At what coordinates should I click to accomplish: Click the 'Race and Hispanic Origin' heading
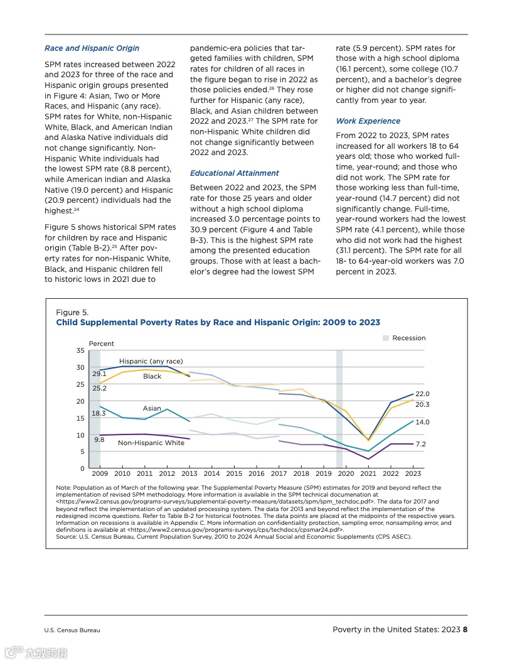[x=92, y=48]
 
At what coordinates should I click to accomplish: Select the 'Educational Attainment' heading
[x=234, y=173]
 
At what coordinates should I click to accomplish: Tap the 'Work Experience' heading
[x=368, y=121]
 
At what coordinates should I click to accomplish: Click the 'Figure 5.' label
[x=72, y=313]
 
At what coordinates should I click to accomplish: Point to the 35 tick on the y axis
[x=80, y=350]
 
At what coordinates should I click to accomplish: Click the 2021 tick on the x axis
[x=368, y=473]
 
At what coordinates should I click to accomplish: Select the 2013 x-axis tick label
[x=189, y=473]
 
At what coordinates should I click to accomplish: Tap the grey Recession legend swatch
[x=386, y=338]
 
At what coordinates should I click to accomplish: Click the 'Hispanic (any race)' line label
[x=151, y=362]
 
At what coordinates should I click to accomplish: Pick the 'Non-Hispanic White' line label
[x=151, y=443]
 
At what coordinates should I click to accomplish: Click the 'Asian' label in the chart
[x=152, y=409]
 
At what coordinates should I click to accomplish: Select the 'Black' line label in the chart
[x=152, y=377]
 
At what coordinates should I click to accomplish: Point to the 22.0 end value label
[x=422, y=394]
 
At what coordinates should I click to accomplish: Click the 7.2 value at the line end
[x=421, y=444]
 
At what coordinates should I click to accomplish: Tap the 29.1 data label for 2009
[x=99, y=374]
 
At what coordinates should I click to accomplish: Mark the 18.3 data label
[x=99, y=414]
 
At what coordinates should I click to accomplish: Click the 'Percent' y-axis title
[x=102, y=344]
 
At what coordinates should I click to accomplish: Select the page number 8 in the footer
[x=466, y=630]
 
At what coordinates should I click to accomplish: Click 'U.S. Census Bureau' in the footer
[x=72, y=630]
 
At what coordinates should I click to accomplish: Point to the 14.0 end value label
[x=422, y=423]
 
